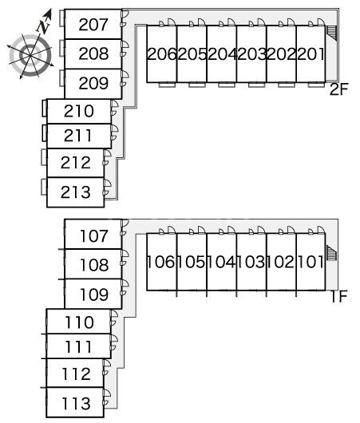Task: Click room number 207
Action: pyautogui.click(x=93, y=25)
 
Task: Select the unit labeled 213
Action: pyautogui.click(x=76, y=192)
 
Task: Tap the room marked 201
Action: pyautogui.click(x=311, y=54)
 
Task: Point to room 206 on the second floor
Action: pyautogui.click(x=162, y=54)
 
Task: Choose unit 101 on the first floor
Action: pyautogui.click(x=311, y=262)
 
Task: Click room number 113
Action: pyautogui.click(x=76, y=404)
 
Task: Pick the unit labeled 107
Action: pyautogui.click(x=94, y=235)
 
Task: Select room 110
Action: pyautogui.click(x=79, y=322)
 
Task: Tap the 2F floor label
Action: pyautogui.click(x=339, y=89)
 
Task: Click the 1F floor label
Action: pyautogui.click(x=339, y=296)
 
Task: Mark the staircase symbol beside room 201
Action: pyautogui.click(x=332, y=34)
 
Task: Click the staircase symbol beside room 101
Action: pyautogui.click(x=332, y=253)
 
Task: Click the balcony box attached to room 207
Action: pyautogui.click(x=62, y=18)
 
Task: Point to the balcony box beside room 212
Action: pyautogui.click(x=44, y=157)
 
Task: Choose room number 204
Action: pyautogui.click(x=222, y=54)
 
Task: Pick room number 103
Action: pyautogui.click(x=251, y=262)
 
